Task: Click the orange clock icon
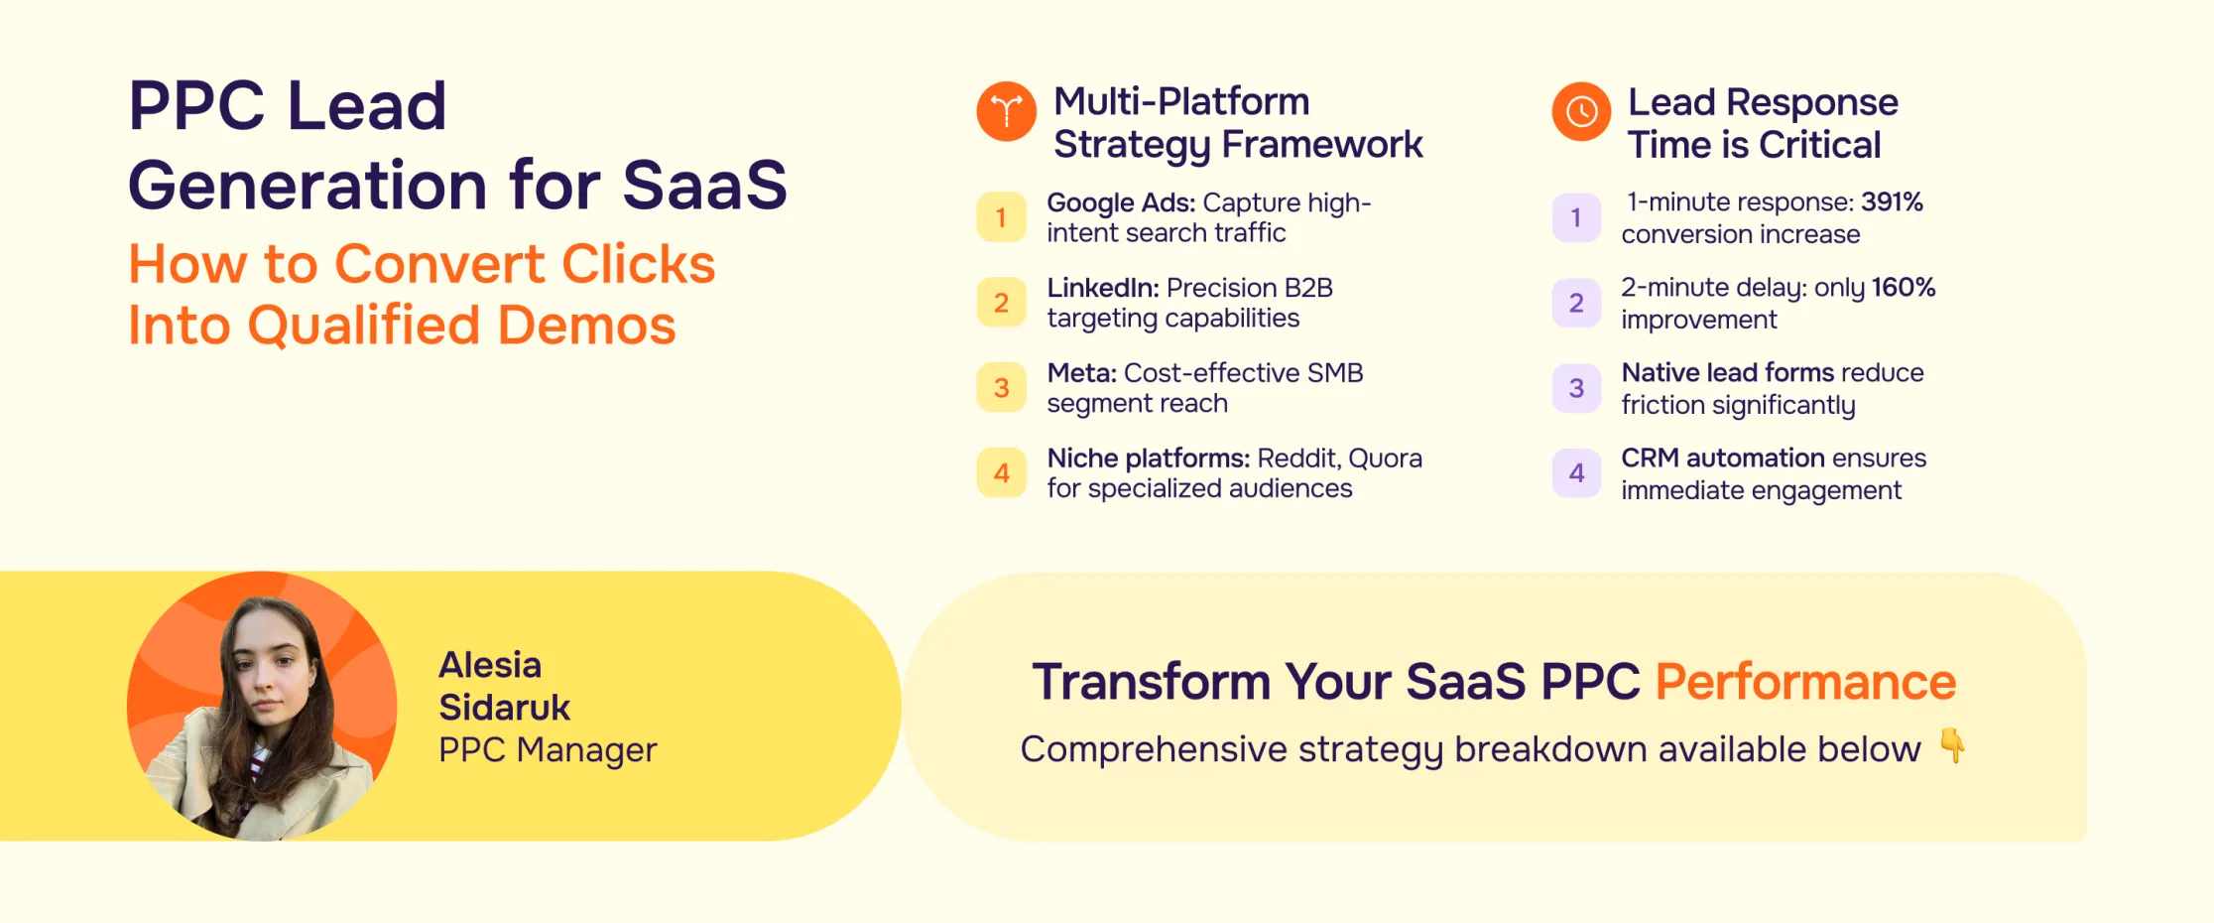(1581, 111)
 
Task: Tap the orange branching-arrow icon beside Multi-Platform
(1006, 111)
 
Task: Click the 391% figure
(1892, 202)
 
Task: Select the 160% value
(1904, 288)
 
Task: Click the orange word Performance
(1805, 682)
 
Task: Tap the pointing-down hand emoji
(1952, 745)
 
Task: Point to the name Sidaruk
(504, 708)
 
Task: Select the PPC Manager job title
(548, 750)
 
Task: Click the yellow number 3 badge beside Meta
(1001, 388)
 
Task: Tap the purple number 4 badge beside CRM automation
(1576, 473)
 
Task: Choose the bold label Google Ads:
(1120, 203)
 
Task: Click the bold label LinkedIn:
(1102, 288)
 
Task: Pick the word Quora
(1385, 459)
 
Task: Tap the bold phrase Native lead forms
(1727, 373)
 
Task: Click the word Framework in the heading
(1321, 145)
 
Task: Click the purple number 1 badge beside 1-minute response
(1576, 217)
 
